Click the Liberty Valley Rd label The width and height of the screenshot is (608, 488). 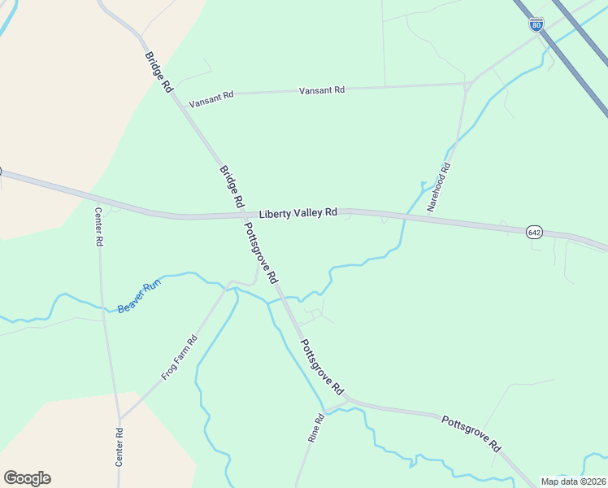298,213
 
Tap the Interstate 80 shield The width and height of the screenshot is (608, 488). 536,24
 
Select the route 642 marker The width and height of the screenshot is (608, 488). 534,233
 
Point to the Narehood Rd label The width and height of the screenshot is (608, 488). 439,187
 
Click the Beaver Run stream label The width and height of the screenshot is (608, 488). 140,297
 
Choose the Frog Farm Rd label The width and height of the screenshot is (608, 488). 180,359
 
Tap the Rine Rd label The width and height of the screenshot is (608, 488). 316,428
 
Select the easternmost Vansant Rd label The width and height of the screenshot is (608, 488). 322,90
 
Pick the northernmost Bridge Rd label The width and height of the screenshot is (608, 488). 159,72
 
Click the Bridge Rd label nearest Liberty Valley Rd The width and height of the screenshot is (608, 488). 232,186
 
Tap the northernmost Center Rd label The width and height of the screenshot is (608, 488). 98,227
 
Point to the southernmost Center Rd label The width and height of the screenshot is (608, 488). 119,447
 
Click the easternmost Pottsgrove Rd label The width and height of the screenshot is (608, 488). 471,433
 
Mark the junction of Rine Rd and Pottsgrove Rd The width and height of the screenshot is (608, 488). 347,400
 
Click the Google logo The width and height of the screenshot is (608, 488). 27,478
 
